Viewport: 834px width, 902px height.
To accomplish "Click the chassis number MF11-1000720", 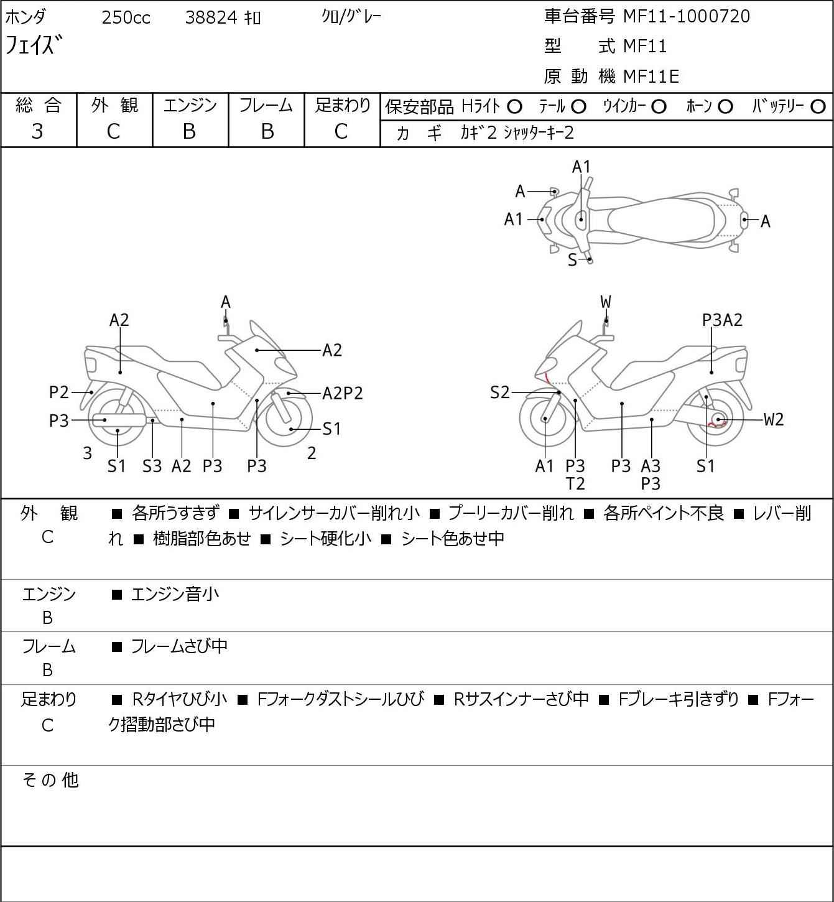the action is click(687, 17).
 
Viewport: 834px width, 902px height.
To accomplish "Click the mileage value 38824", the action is click(211, 17).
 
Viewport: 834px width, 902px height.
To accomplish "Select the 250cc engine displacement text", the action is click(126, 17).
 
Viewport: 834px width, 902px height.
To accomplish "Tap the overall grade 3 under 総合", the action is click(37, 132).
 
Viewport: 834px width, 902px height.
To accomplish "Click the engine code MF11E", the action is click(651, 77).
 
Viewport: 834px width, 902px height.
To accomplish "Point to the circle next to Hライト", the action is click(514, 107).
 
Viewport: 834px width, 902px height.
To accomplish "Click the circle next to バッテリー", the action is click(818, 107).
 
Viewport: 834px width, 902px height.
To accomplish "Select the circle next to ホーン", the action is click(725, 107).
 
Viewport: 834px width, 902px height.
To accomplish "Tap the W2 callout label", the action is click(774, 419).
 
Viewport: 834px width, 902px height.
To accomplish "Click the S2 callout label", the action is click(499, 393).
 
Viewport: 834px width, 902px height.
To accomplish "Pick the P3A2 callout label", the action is click(722, 320).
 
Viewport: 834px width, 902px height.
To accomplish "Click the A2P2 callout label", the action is click(343, 393).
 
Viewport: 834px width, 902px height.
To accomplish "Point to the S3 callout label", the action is click(152, 466).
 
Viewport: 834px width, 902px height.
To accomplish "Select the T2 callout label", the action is click(575, 484).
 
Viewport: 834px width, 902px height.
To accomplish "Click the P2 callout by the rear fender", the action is click(58, 393).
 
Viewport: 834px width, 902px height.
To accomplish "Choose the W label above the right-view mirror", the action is click(606, 302).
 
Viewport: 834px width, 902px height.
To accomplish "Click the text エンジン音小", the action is click(175, 595).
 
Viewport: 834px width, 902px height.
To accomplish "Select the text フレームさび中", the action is click(179, 646).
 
